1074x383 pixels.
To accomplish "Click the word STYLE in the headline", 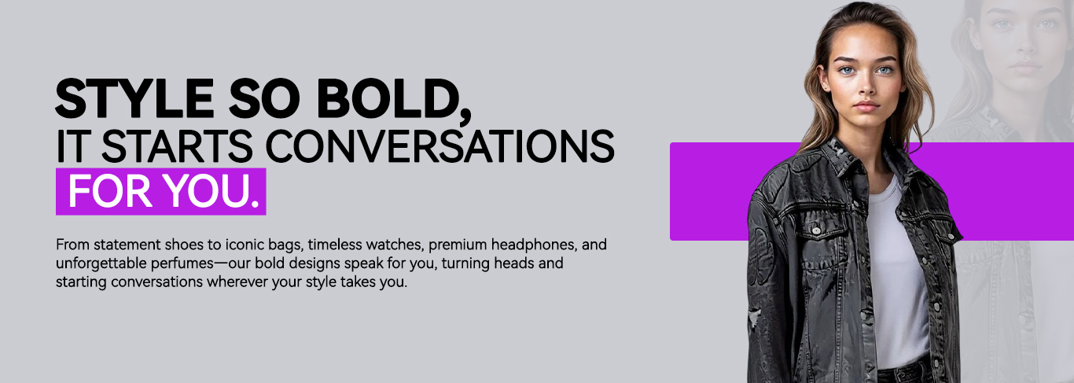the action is click(134, 99).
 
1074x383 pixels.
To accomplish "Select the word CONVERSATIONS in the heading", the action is click(440, 145).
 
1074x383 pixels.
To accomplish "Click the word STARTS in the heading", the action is click(177, 145).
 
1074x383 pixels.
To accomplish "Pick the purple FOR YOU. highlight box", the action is click(160, 191).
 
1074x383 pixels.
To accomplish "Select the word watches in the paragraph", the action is click(394, 245).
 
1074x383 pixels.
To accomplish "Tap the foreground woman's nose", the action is click(866, 88).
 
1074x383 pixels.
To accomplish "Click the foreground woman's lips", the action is click(866, 106).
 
